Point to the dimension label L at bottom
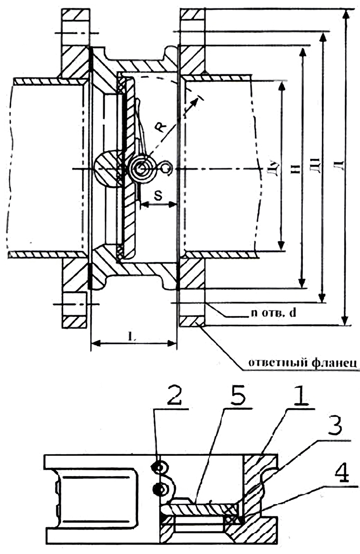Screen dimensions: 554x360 pos(131,336)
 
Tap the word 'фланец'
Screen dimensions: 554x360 pos(335,363)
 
